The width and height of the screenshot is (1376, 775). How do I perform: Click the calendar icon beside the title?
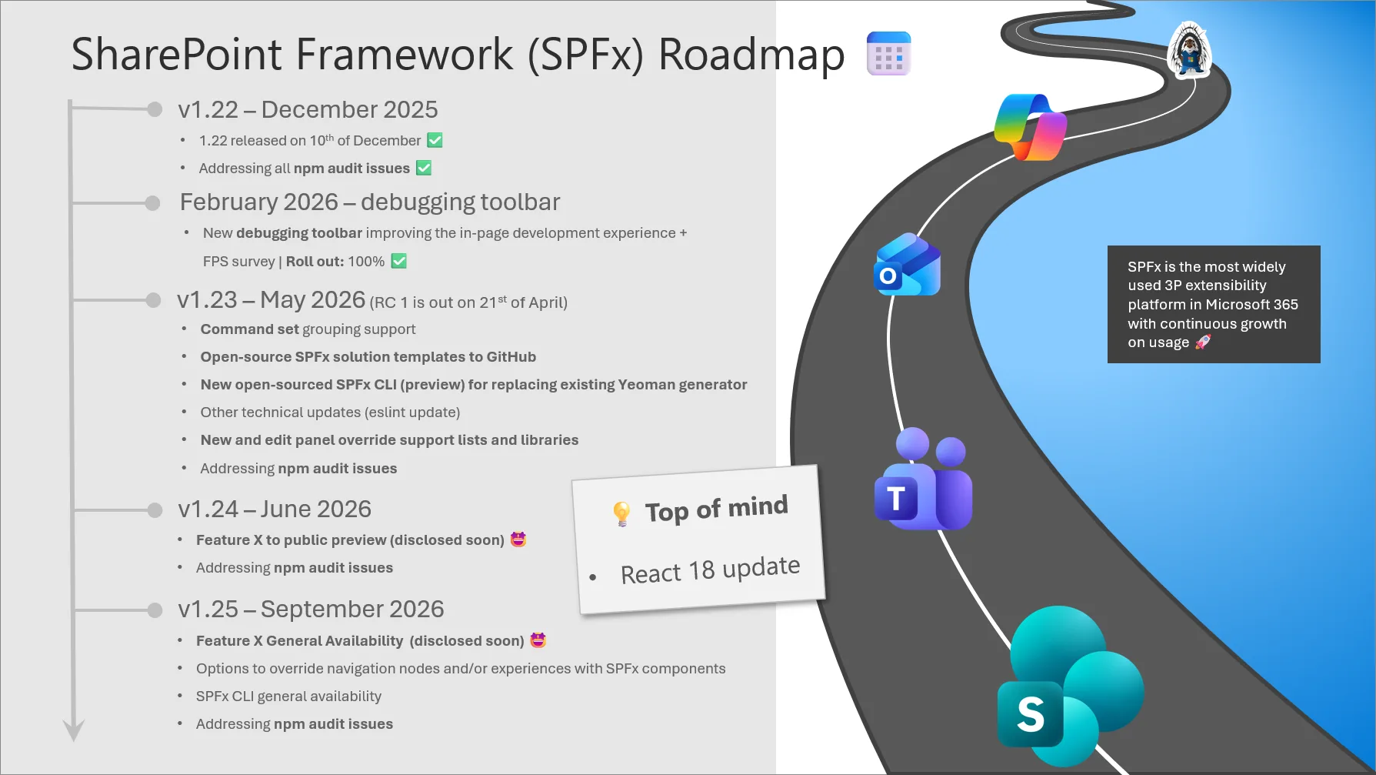click(888, 54)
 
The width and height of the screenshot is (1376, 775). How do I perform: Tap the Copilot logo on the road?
click(1030, 127)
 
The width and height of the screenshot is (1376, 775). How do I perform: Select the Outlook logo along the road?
click(908, 265)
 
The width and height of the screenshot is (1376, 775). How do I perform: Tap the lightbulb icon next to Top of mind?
click(621, 513)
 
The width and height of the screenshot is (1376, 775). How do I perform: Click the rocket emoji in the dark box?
click(1203, 342)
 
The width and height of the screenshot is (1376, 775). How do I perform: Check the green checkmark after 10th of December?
click(435, 140)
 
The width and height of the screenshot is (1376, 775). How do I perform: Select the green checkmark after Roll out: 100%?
click(398, 261)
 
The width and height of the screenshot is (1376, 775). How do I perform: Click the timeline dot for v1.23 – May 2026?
click(153, 300)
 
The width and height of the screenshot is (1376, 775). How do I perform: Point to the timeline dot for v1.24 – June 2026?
click(155, 509)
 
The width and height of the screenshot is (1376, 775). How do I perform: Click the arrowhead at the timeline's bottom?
click(73, 730)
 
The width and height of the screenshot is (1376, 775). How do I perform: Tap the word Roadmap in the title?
click(751, 55)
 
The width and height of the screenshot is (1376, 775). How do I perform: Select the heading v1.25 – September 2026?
click(311, 609)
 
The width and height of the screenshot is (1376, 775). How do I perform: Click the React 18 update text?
click(710, 570)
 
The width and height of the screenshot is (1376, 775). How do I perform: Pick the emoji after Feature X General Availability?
click(538, 640)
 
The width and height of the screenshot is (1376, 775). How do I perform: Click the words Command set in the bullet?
click(249, 329)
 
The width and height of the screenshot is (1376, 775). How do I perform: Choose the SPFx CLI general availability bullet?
click(288, 696)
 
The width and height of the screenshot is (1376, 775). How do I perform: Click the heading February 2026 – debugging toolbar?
click(369, 202)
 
